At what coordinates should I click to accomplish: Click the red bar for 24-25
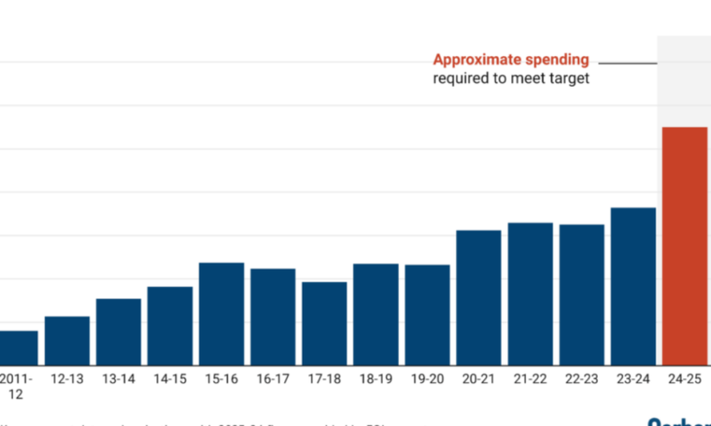(x=685, y=246)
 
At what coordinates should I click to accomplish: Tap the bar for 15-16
(x=222, y=314)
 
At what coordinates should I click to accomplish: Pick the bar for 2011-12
(x=18, y=348)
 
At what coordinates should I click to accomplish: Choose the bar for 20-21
(x=479, y=297)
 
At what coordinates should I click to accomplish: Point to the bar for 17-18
(x=324, y=323)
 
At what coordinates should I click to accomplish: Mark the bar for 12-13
(x=68, y=341)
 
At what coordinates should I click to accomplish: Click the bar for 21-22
(x=530, y=294)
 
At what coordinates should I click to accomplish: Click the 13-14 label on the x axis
(x=118, y=379)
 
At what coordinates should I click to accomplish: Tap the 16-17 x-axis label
(x=273, y=379)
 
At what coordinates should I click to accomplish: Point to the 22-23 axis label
(x=582, y=379)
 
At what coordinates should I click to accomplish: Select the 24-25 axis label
(x=685, y=379)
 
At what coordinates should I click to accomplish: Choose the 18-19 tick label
(x=376, y=379)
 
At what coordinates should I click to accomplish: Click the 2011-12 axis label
(x=17, y=386)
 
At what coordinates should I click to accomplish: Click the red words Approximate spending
(x=510, y=60)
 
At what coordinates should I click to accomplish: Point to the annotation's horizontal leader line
(x=627, y=63)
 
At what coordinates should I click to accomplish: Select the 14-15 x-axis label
(x=170, y=379)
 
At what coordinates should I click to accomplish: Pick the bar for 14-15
(x=170, y=326)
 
